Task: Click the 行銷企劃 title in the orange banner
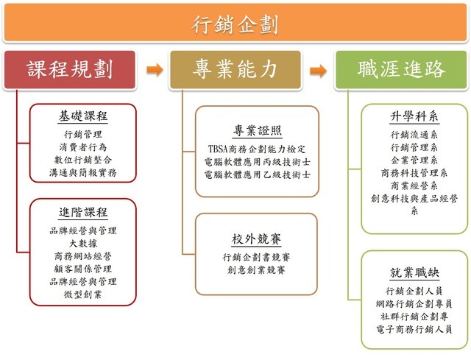coord(235,25)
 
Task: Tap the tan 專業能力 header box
coord(235,69)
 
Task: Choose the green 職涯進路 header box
coord(401,69)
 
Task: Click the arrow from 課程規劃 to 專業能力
coord(154,71)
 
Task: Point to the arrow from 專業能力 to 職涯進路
coord(318,71)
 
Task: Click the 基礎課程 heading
coord(83,116)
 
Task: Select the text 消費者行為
coord(83,147)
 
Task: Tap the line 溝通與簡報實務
coord(83,173)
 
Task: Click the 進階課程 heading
coord(83,212)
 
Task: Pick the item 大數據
coord(83,243)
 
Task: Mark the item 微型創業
coord(83,294)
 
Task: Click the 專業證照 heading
coord(257,130)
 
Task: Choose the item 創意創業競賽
coord(257,270)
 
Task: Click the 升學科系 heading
coord(414,117)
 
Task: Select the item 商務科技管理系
coord(414,172)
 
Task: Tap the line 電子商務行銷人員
coord(414,328)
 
